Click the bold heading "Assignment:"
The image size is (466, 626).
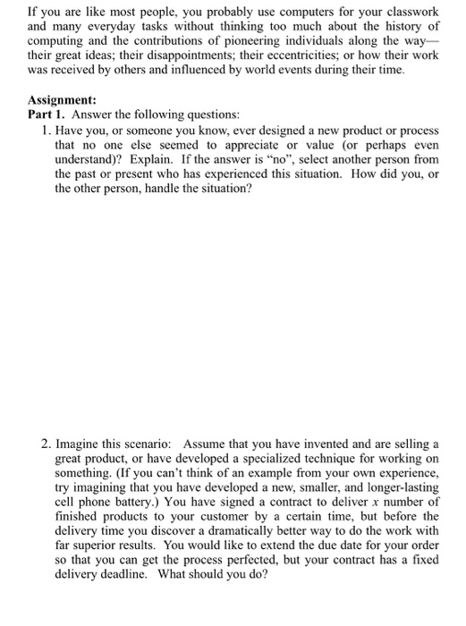(x=62, y=101)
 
